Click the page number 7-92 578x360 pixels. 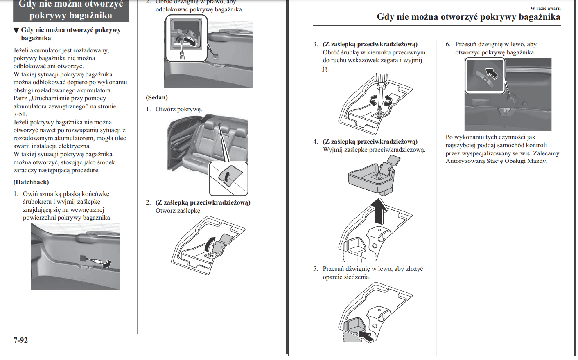pyautogui.click(x=20, y=340)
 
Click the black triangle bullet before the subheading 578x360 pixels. pyautogui.click(x=16, y=30)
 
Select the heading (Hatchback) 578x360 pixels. pyautogui.click(x=31, y=182)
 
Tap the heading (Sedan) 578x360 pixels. pyautogui.click(x=157, y=97)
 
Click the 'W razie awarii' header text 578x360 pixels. pyautogui.click(x=545, y=8)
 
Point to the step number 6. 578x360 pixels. pyautogui.click(x=448, y=44)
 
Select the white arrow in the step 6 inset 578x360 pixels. pyautogui.click(x=491, y=73)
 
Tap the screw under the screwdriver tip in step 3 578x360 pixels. pyautogui.click(x=379, y=115)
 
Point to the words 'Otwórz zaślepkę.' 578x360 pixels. pyautogui.click(x=178, y=211)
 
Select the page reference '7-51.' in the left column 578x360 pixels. pyautogui.click(x=20, y=114)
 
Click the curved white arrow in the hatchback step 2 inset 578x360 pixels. pyautogui.click(x=190, y=40)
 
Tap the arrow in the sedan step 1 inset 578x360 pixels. pyautogui.click(x=227, y=176)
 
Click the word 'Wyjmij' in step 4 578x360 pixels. pyautogui.click(x=332, y=150)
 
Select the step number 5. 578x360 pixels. pyautogui.click(x=315, y=269)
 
